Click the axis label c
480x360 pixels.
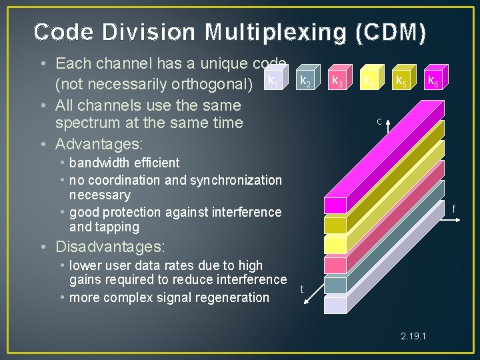tap(379, 121)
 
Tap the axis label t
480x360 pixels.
tap(302, 289)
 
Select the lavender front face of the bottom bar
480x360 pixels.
tap(335, 305)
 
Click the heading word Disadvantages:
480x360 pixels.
tap(110, 247)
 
